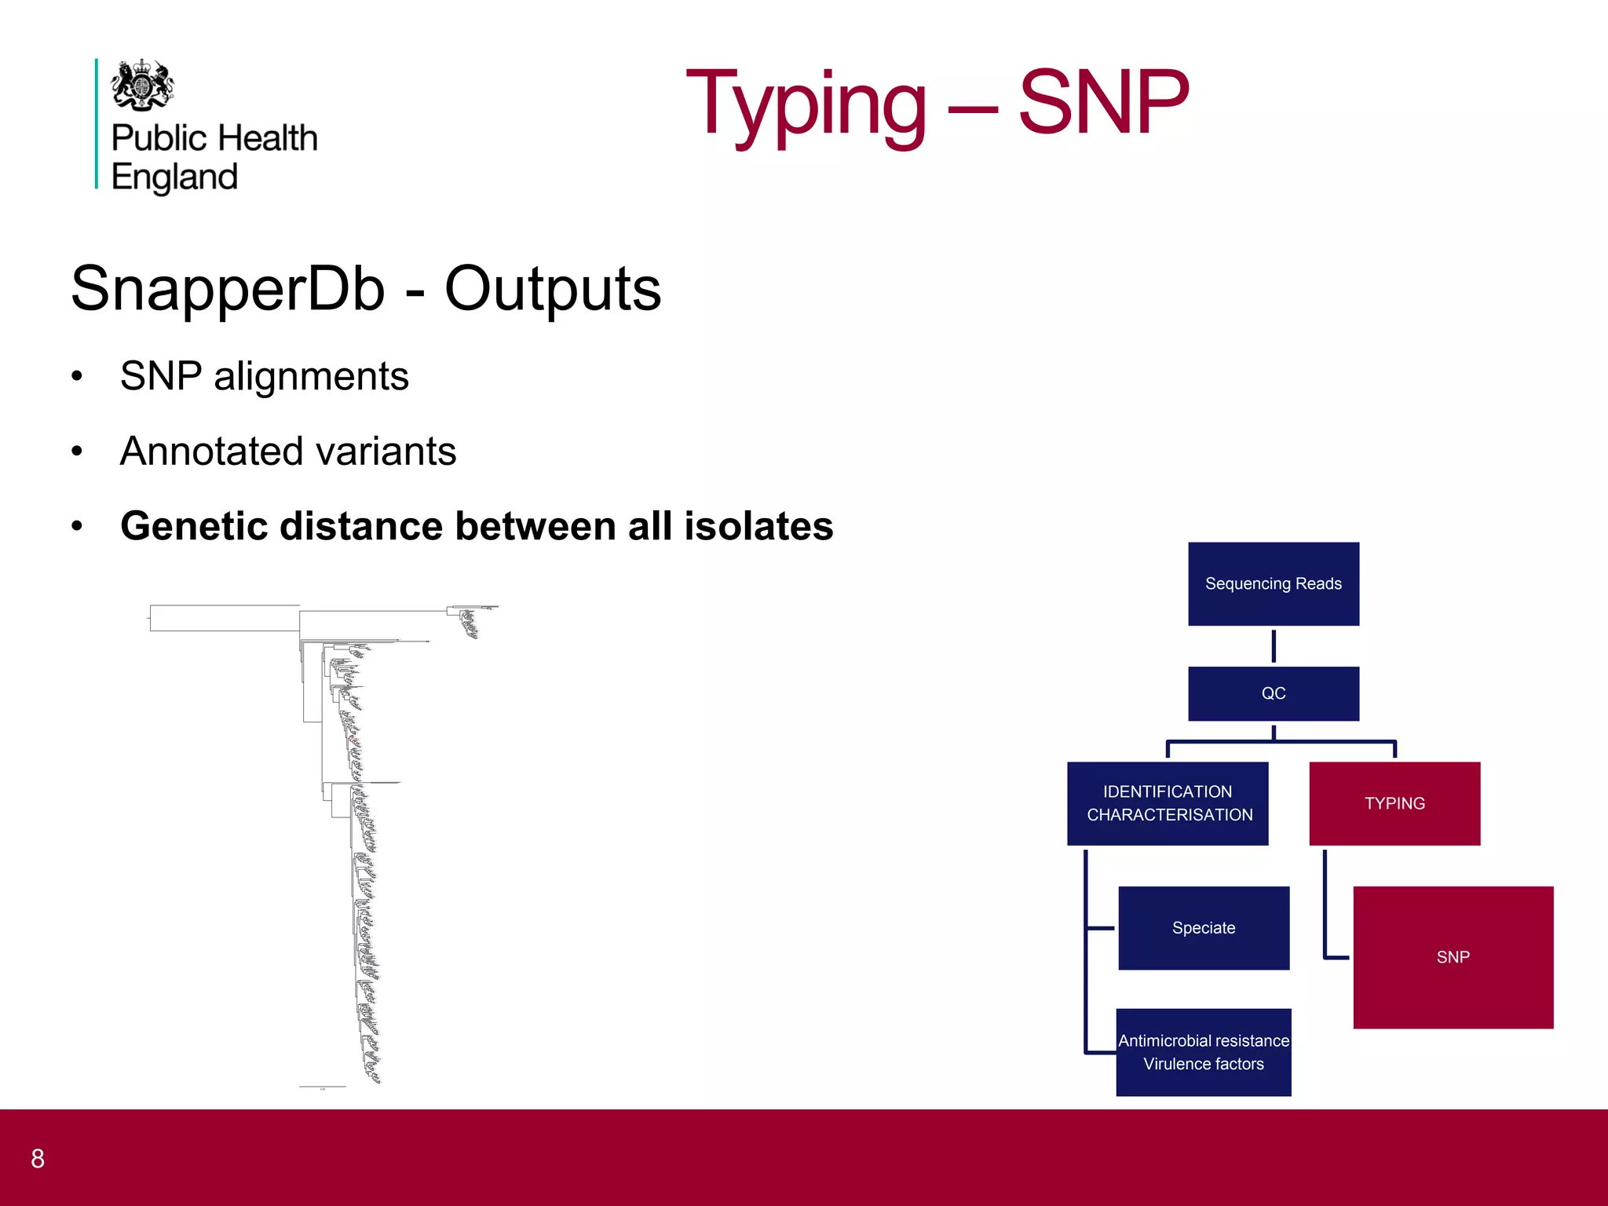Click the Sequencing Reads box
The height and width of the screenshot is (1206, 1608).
coord(1273,583)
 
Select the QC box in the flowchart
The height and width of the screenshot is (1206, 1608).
coord(1273,693)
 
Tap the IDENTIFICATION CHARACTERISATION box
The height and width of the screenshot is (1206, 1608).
coord(1167,803)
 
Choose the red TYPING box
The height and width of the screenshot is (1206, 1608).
coord(1394,803)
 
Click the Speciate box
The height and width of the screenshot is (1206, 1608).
coord(1203,928)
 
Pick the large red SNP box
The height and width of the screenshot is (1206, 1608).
coord(1453,957)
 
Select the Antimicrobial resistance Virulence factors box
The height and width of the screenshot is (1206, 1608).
coord(1203,1052)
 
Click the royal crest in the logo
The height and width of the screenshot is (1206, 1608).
coord(142,85)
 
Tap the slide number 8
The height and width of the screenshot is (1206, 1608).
coord(38,1158)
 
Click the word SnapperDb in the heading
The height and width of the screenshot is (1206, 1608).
coord(228,288)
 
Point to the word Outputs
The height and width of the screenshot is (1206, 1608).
coord(553,288)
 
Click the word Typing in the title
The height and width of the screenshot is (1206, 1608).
coord(806,104)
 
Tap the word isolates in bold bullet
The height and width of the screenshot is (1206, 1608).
coord(758,526)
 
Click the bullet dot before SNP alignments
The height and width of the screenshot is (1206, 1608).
coord(76,376)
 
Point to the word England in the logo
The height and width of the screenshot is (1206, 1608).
coord(174,177)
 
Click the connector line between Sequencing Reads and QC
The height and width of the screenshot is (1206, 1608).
coord(1273,646)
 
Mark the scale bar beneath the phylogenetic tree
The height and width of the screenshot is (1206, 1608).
coord(322,1087)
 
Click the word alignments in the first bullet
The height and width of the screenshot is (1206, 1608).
coord(311,376)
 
